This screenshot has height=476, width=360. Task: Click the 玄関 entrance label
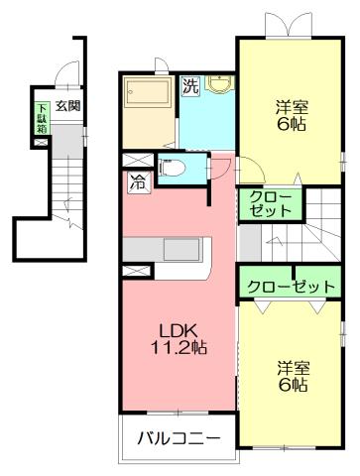coord(67,105)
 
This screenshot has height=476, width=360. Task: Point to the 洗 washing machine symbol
coord(190,86)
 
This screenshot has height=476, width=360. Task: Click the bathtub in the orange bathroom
coord(147,96)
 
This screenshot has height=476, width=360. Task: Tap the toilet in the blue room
coord(168,169)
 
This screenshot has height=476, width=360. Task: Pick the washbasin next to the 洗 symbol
coord(218,86)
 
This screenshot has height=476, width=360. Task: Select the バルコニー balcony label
coord(171,437)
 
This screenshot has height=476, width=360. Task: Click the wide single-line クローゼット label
coord(291,285)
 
